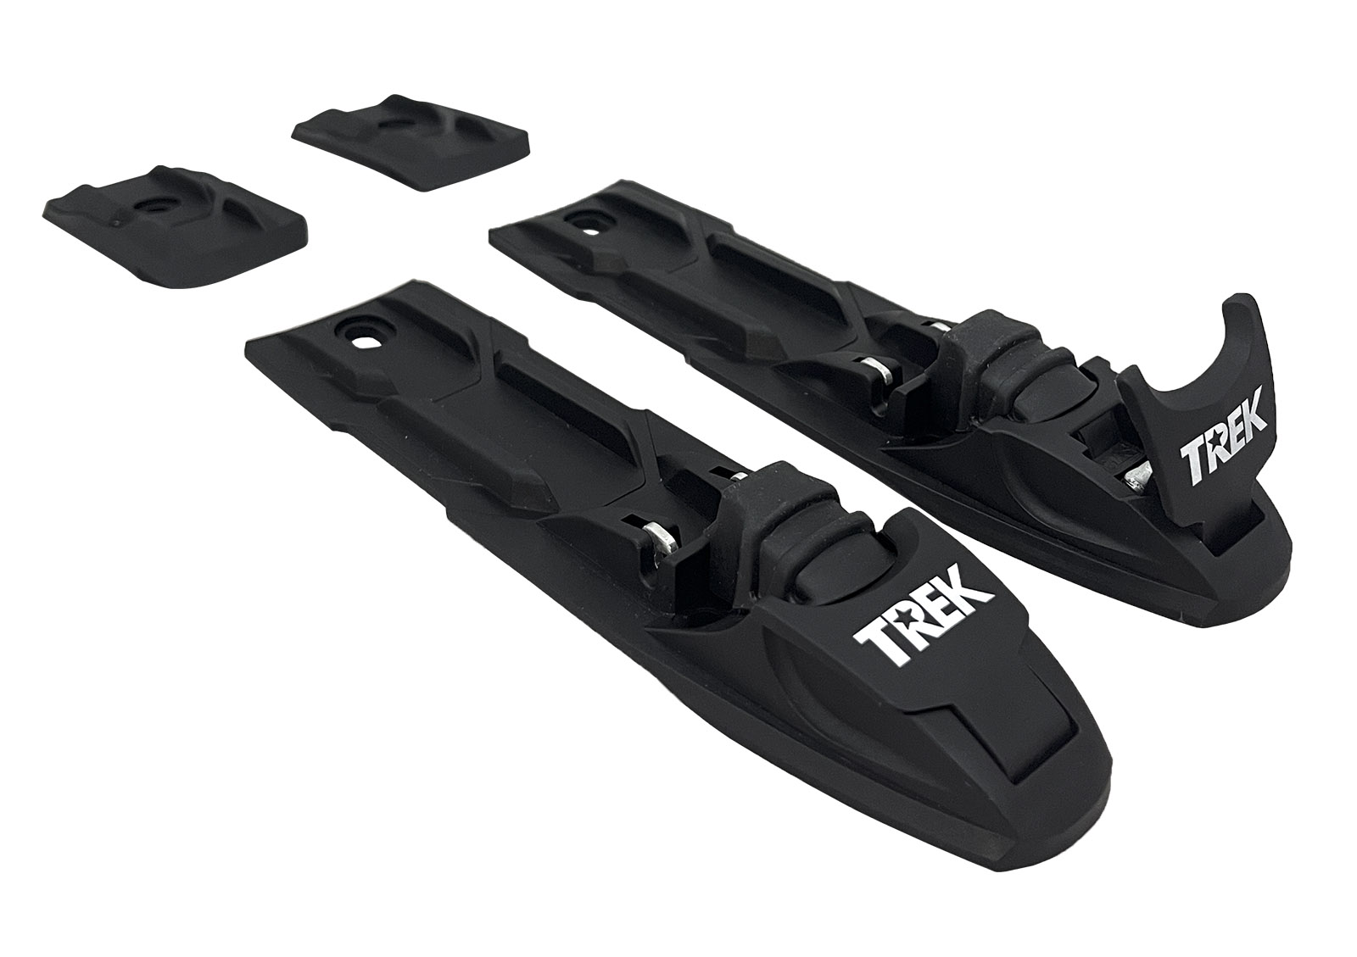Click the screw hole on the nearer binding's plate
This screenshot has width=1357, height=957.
(365, 342)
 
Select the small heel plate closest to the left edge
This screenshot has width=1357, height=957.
(175, 225)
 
